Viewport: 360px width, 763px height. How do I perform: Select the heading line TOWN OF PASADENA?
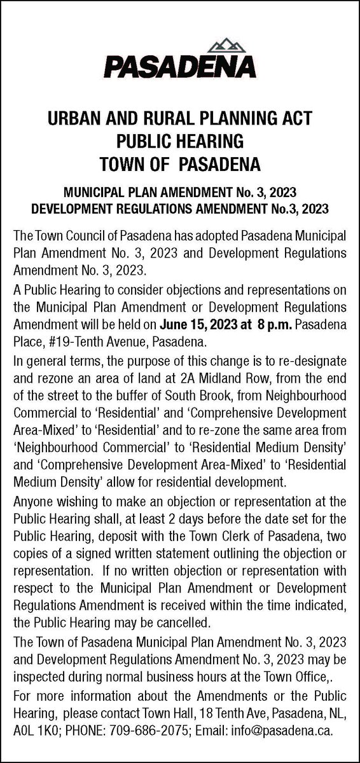point(180,163)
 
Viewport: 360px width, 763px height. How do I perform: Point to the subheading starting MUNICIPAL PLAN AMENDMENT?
point(180,191)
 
